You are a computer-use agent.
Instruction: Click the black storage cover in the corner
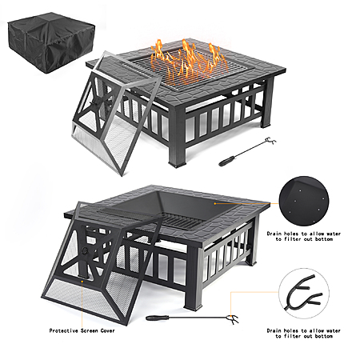click(51, 42)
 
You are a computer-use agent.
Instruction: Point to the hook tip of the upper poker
click(270, 141)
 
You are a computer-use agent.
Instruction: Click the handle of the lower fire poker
click(158, 318)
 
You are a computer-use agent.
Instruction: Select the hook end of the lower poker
click(233, 318)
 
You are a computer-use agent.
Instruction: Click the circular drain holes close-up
click(304, 201)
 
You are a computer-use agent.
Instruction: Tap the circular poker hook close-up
click(304, 293)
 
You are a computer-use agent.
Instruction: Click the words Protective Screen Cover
click(82, 330)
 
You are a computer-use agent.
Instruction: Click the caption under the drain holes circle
click(304, 236)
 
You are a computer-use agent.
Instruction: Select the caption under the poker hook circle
click(304, 334)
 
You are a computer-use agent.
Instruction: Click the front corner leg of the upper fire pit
click(177, 138)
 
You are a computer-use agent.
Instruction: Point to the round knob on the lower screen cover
click(85, 250)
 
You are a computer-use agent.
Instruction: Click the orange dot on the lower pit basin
click(215, 203)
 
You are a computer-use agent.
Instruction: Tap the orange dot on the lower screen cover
click(82, 281)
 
